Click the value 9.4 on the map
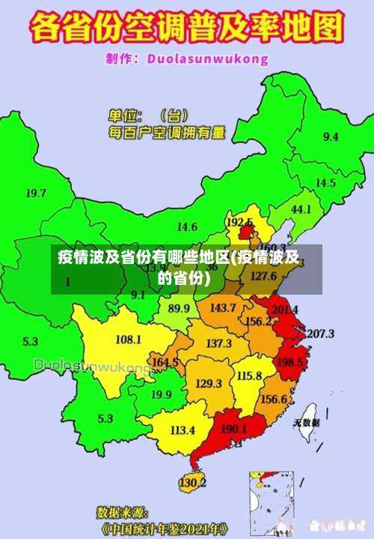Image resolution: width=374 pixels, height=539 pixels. click(x=330, y=136)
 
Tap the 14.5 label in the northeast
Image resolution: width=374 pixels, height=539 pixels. click(x=325, y=182)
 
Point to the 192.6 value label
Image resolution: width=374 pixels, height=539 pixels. click(x=239, y=222)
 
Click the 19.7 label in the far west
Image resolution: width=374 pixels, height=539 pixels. click(x=36, y=193)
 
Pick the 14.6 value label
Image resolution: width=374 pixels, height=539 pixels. click(x=187, y=226)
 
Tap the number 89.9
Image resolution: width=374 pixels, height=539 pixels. click(x=178, y=308)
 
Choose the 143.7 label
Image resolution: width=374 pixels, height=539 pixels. click(x=222, y=307)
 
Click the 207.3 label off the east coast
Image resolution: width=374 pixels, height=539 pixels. click(x=320, y=333)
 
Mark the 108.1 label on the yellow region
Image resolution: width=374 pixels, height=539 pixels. click(x=128, y=339)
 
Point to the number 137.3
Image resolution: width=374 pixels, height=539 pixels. click(x=218, y=343)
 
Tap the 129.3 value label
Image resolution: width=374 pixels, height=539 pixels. click(x=208, y=383)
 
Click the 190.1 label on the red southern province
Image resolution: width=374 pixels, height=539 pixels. click(x=234, y=429)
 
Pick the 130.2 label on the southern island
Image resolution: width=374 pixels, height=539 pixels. click(x=192, y=482)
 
